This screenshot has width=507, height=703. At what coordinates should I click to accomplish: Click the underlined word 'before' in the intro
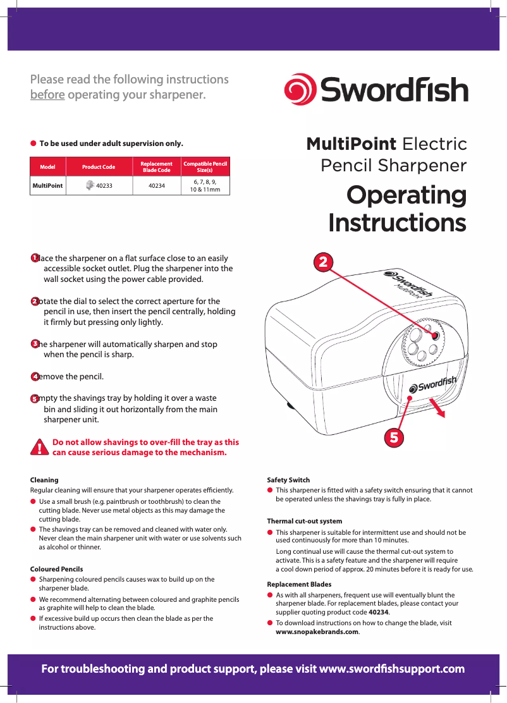pyautogui.click(x=47, y=95)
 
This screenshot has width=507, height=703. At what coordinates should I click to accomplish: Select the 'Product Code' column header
pyautogui.click(x=99, y=167)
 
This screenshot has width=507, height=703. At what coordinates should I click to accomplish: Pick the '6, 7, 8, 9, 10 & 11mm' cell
pyautogui.click(x=205, y=185)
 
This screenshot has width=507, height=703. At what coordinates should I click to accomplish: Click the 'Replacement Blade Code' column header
pyautogui.click(x=156, y=167)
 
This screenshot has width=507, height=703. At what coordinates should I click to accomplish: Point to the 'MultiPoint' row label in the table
pyautogui.click(x=47, y=186)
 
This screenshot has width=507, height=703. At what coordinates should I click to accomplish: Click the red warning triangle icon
pyautogui.click(x=40, y=447)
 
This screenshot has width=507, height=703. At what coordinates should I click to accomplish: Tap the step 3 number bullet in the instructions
pyautogui.click(x=35, y=344)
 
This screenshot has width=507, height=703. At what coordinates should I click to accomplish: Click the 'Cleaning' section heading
pyautogui.click(x=44, y=480)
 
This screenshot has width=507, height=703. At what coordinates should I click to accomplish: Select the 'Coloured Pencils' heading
pyautogui.click(x=56, y=569)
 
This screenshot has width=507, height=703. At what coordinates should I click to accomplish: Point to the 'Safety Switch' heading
pyautogui.click(x=288, y=480)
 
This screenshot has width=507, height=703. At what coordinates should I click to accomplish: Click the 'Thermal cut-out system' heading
pyautogui.click(x=305, y=522)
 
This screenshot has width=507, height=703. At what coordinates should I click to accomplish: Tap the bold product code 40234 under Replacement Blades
pyautogui.click(x=379, y=612)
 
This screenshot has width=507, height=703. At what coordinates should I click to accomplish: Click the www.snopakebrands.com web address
pyautogui.click(x=317, y=632)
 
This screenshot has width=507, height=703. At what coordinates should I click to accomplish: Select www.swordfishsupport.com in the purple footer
pyautogui.click(x=393, y=669)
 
